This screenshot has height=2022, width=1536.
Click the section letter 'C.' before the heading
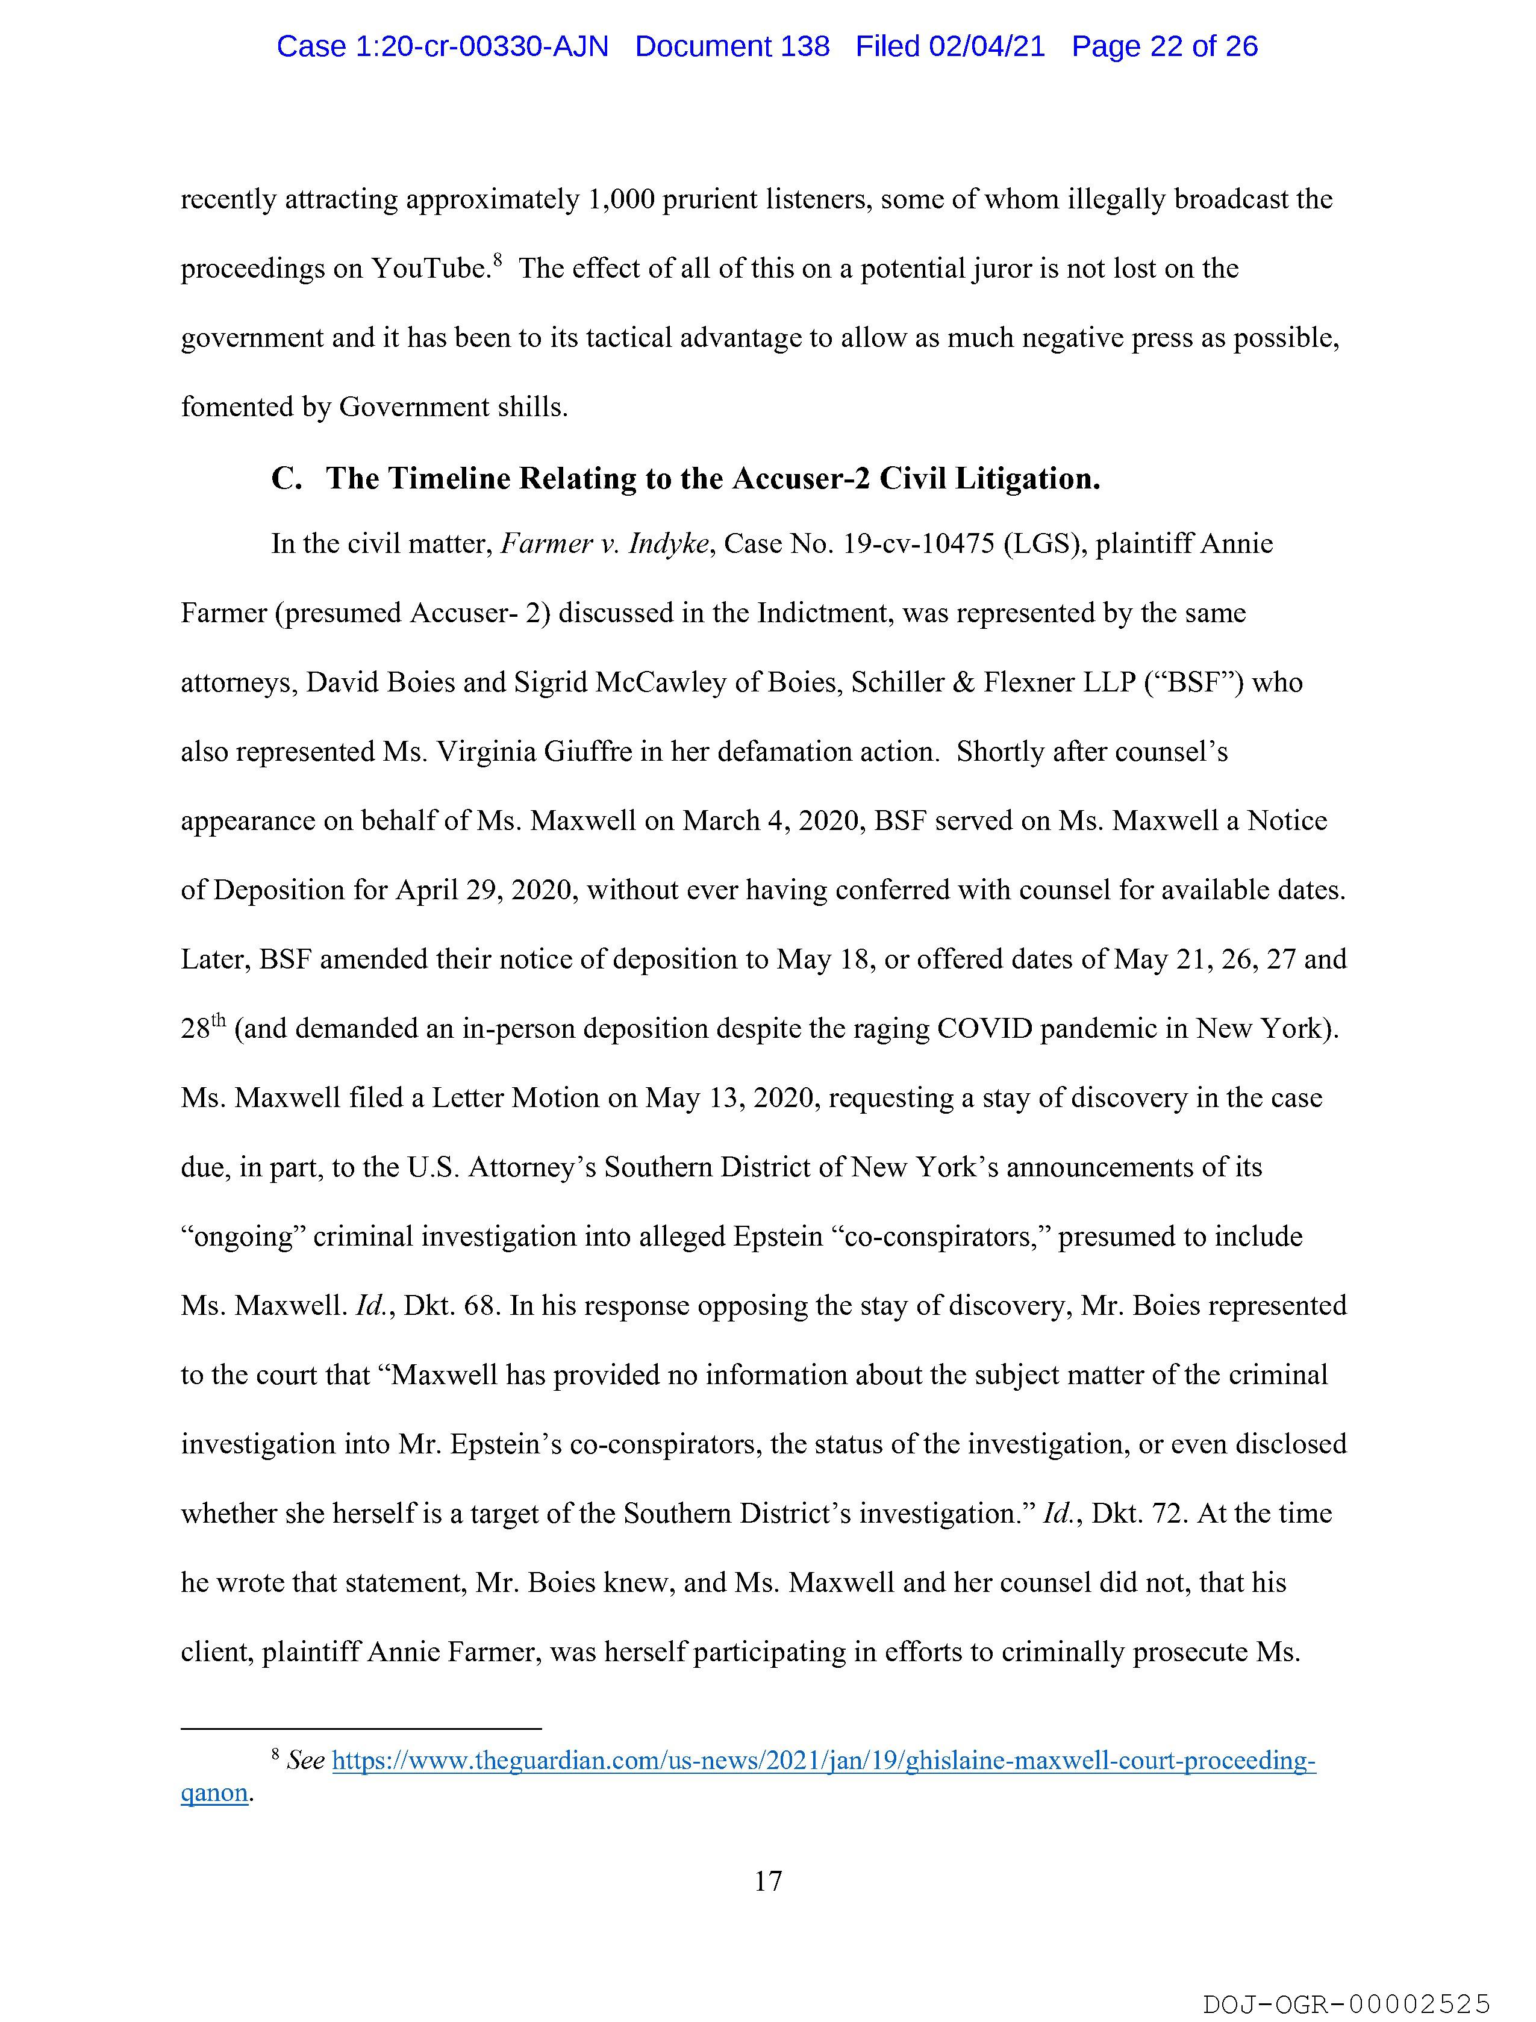pyautogui.click(x=286, y=478)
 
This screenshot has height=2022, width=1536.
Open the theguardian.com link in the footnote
pyautogui.click(x=823, y=1761)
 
